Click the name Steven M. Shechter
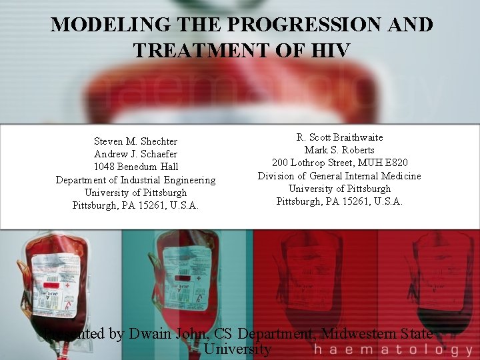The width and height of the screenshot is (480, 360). click(x=135, y=141)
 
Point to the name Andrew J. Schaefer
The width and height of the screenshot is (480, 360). click(x=135, y=154)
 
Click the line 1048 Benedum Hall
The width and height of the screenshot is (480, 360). click(x=135, y=167)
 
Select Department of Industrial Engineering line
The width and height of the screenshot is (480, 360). click(x=135, y=180)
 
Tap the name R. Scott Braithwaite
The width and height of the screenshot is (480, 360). click(x=339, y=137)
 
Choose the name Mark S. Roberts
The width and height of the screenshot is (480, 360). click(x=339, y=150)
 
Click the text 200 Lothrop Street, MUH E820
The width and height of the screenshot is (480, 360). click(x=339, y=163)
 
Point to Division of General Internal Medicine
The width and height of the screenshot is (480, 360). click(x=339, y=176)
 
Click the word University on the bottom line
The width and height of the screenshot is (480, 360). click(x=238, y=349)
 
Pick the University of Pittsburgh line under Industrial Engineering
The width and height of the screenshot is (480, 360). click(x=135, y=193)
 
